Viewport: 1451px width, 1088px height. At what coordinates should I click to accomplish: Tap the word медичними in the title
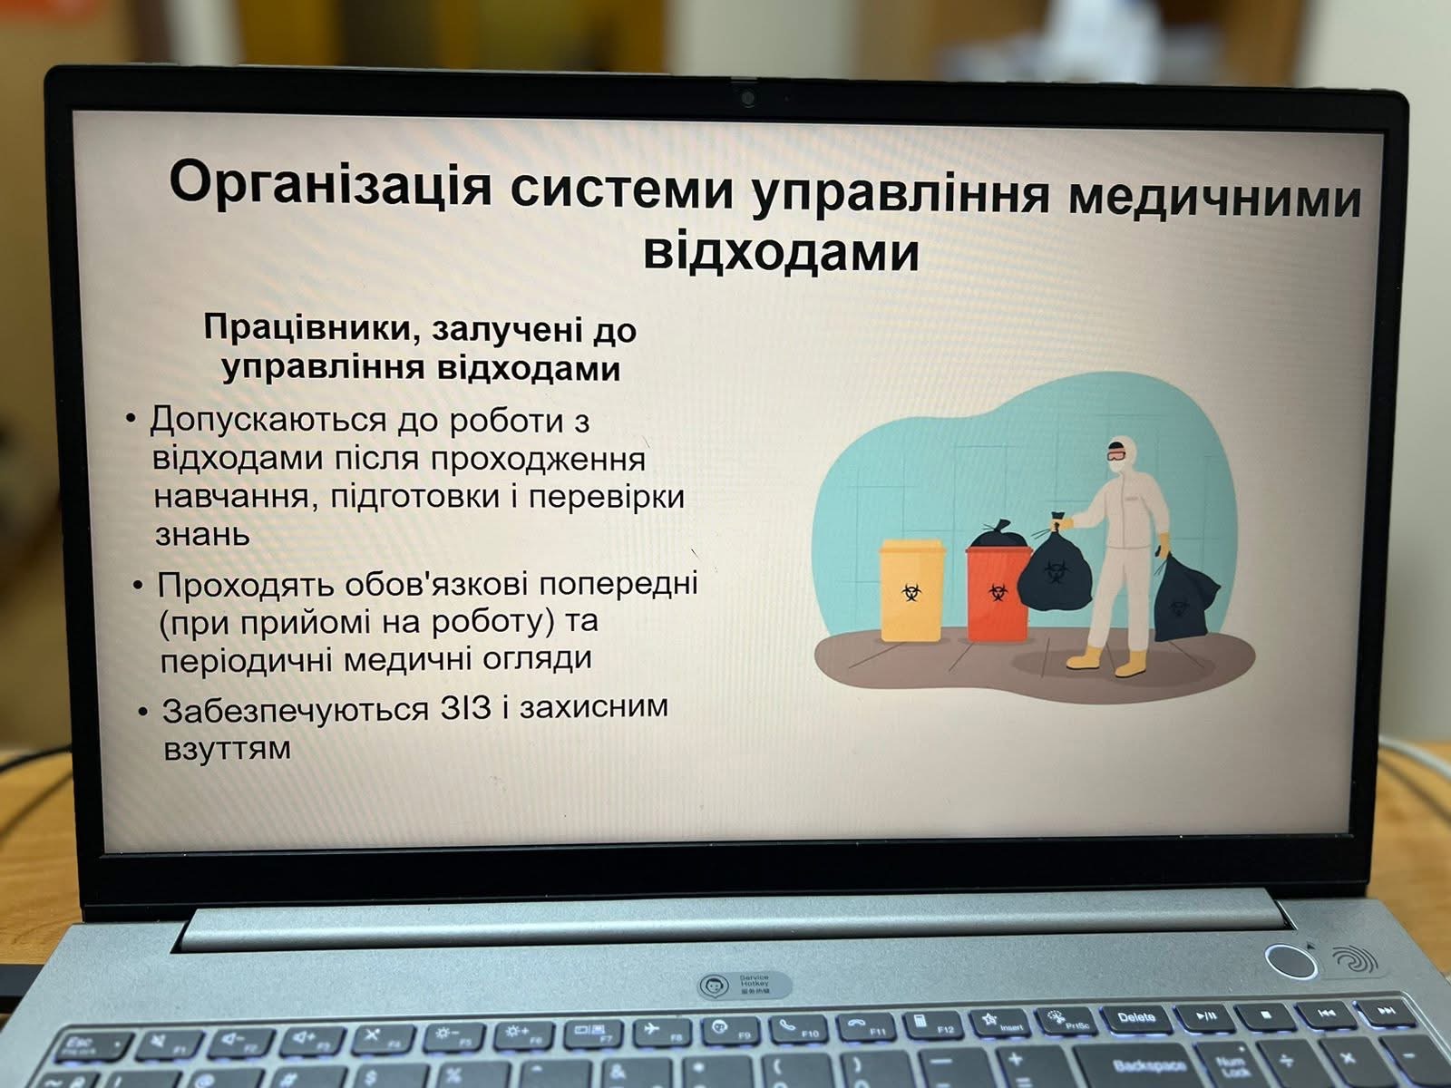[1215, 197]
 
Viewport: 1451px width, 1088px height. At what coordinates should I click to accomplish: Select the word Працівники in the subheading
[307, 326]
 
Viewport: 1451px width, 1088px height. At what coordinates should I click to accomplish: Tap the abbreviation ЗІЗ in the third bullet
[465, 708]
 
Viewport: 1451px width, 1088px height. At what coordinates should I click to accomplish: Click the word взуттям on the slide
[227, 750]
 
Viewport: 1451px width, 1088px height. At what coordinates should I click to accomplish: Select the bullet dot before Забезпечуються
[142, 712]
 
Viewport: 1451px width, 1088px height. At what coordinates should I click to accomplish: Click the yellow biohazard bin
[911, 590]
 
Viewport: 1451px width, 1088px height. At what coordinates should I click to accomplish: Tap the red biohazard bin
[996, 593]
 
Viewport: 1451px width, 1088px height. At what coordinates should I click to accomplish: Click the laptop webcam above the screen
[747, 99]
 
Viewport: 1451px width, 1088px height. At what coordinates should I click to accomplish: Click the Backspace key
[1149, 1064]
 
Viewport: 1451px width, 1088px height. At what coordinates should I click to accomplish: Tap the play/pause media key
[1205, 1016]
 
